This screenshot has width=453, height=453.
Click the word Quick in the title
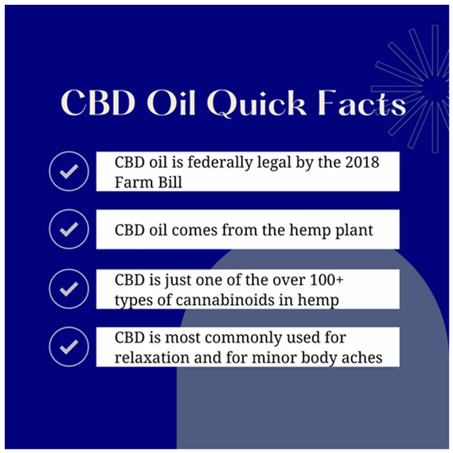point(257,104)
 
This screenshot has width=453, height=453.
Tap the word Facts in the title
point(362,103)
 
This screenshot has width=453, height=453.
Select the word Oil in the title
point(170,103)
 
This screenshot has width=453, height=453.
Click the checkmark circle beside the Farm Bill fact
point(69,171)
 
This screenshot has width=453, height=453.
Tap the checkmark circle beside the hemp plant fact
point(69,229)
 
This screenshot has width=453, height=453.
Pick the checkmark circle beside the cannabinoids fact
point(69,289)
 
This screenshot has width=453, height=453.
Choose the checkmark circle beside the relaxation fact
point(69,347)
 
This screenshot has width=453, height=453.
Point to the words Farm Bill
point(149,182)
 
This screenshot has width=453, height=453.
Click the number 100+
point(326,280)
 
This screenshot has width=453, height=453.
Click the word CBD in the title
point(98,103)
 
